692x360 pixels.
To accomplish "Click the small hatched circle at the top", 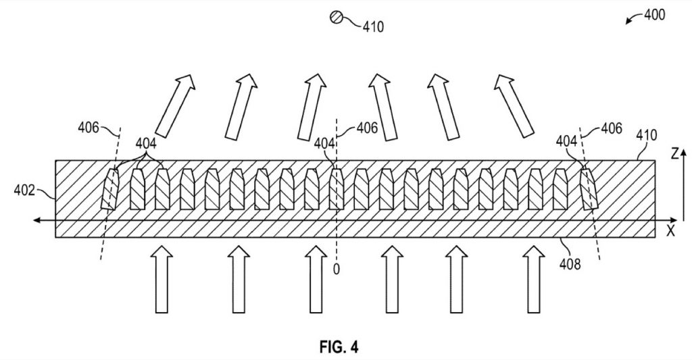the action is pyautogui.click(x=337, y=17).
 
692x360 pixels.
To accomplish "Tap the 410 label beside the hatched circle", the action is pyautogui.click(x=373, y=27).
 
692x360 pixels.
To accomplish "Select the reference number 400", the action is pyautogui.click(x=654, y=15).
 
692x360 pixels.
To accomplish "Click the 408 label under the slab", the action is pyautogui.click(x=570, y=264).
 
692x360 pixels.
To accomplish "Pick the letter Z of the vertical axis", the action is pyautogui.click(x=674, y=153).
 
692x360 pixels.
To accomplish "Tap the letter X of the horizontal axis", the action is pyautogui.click(x=671, y=231).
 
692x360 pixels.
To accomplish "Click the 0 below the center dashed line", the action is pyautogui.click(x=337, y=269).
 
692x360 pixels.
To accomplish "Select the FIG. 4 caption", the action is pyautogui.click(x=339, y=347).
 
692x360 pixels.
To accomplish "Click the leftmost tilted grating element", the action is pyautogui.click(x=109, y=189).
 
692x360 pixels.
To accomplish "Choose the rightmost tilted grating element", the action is pyautogui.click(x=589, y=189).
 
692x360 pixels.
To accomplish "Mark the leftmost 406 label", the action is pyautogui.click(x=89, y=128).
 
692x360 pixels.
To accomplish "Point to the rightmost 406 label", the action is pyautogui.click(x=612, y=128).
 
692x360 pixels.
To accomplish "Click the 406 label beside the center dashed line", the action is pyautogui.click(x=367, y=128).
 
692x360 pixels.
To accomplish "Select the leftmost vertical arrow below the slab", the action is pyautogui.click(x=162, y=279).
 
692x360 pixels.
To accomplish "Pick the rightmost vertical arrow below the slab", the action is pyautogui.click(x=534, y=279).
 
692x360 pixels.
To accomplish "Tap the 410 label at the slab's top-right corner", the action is pyautogui.click(x=646, y=134).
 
